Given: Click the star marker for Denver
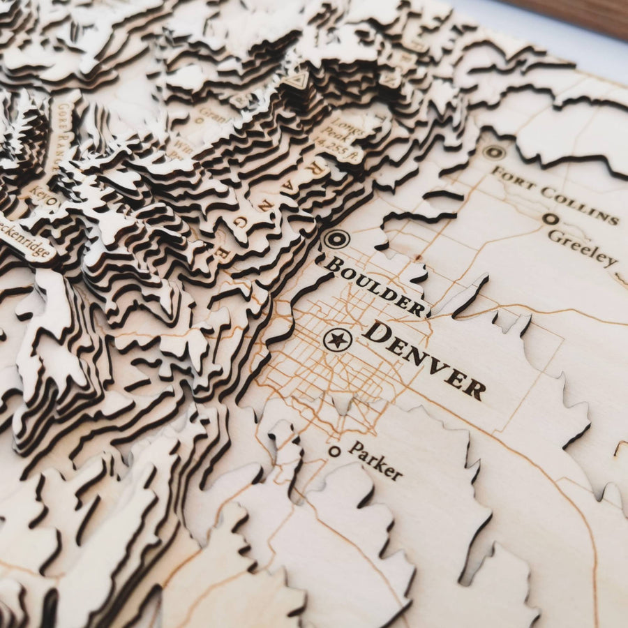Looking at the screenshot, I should [x=338, y=340].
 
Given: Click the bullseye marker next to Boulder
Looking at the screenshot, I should [x=336, y=239].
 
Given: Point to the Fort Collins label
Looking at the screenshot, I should [x=555, y=196].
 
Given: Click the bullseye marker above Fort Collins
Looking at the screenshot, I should [x=494, y=152].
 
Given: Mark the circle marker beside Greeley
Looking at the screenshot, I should [x=550, y=218].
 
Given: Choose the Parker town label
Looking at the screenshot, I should [x=375, y=461].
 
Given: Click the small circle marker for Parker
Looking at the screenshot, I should [x=335, y=451].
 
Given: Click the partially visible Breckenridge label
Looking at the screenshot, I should [x=24, y=244].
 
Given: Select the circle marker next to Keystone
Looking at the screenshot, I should [x=50, y=202].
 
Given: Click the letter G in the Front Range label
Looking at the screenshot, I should [x=240, y=222].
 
